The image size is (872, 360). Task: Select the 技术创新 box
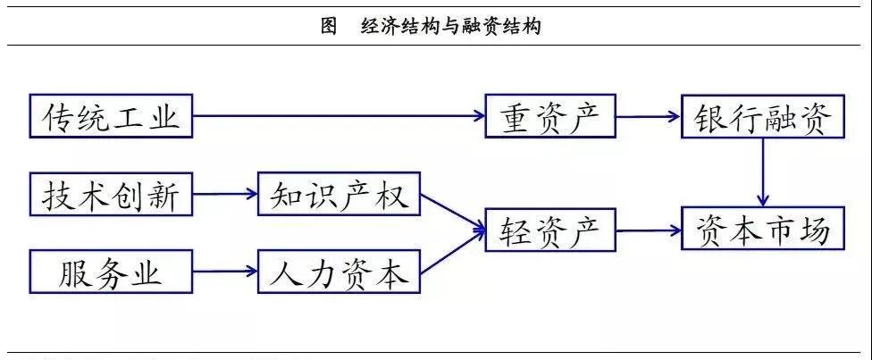[x=111, y=194]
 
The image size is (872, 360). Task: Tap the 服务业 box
[x=111, y=272]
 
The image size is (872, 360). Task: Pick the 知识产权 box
[x=339, y=194]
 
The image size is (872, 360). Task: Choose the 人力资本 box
[x=339, y=272]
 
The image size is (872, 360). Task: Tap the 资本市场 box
[x=763, y=232]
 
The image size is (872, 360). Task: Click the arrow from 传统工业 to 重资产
[x=340, y=115]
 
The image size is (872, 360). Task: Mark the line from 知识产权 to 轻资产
[x=451, y=212]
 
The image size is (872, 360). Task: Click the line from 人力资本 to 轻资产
[x=451, y=253]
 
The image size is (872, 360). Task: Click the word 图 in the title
[x=329, y=27]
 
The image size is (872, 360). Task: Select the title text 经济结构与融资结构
[x=451, y=27]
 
